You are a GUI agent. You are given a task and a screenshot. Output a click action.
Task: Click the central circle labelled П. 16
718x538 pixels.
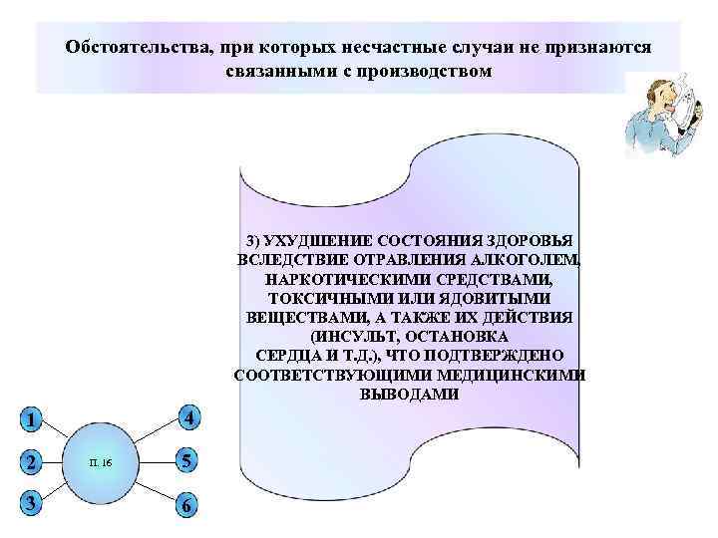(x=106, y=463)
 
